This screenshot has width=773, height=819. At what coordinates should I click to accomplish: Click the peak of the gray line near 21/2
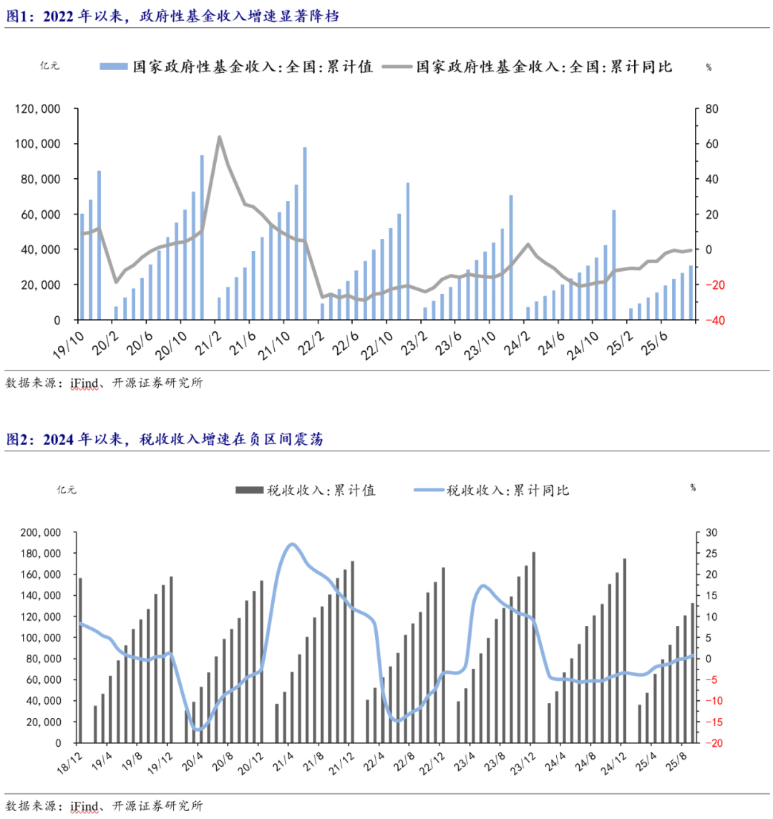coord(219,137)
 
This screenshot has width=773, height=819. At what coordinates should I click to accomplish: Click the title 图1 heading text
coord(172,16)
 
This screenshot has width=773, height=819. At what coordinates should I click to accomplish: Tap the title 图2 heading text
coord(165,439)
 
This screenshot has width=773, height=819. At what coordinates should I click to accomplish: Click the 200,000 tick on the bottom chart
coord(42,533)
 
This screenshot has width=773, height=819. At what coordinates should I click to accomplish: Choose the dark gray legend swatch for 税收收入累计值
coord(249,490)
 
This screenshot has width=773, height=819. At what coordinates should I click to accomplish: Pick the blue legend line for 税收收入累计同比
coord(428,490)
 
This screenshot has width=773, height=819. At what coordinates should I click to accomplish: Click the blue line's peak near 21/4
coord(291,544)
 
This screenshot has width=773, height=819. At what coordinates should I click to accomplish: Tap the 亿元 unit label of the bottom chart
coord(66,490)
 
